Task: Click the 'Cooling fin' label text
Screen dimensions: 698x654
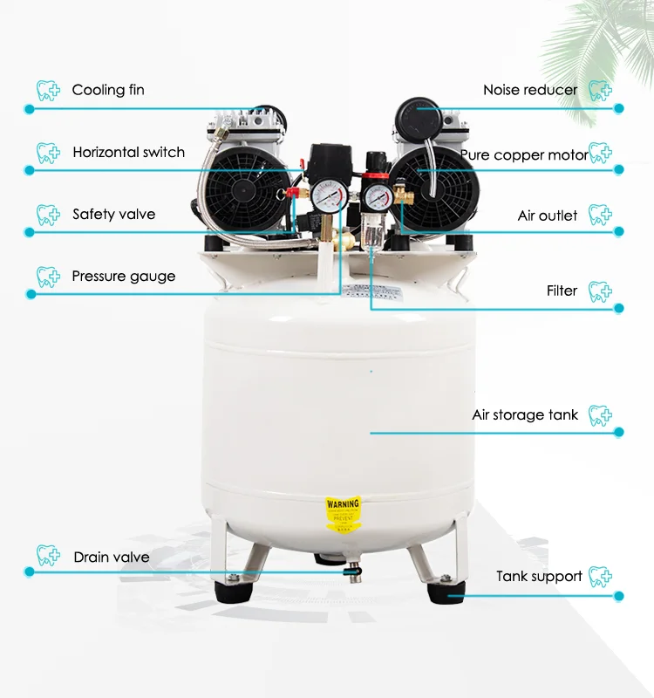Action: point(108,90)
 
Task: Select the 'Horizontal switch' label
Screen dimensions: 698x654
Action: point(128,153)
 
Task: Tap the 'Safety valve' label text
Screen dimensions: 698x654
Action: point(113,215)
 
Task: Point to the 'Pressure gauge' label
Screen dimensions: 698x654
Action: point(123,277)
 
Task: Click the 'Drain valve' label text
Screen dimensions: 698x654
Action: point(111,557)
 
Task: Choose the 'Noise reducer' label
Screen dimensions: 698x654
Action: point(530,90)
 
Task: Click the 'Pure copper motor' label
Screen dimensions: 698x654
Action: point(524,155)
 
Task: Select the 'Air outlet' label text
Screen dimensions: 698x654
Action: point(548,216)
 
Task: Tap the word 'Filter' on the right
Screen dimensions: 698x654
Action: point(562,291)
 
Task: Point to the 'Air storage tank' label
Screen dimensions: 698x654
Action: point(525,414)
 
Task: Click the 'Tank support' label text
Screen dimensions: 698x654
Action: point(539,576)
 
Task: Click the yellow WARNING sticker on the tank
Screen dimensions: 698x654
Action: point(342,514)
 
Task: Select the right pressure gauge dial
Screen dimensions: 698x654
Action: point(377,194)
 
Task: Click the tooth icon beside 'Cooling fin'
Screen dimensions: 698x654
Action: point(48,90)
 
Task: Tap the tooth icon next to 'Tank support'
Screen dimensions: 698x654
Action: point(600,576)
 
